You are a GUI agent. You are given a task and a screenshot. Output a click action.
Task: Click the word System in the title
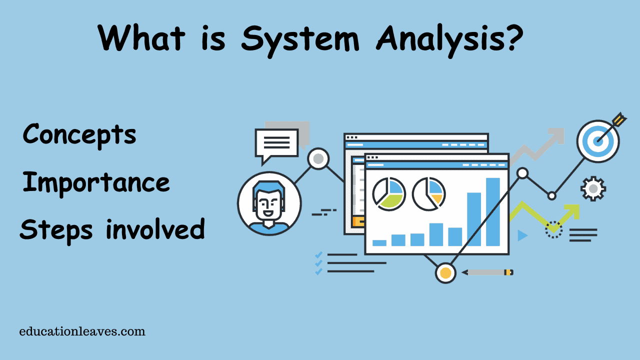coord(299,38)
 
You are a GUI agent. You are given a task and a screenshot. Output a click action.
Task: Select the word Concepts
coord(79,134)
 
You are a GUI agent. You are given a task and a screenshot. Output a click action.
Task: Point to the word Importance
coord(96,182)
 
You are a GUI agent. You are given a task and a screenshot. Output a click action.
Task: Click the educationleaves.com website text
coord(82,331)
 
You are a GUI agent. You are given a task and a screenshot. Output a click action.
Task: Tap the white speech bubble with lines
coord(276,144)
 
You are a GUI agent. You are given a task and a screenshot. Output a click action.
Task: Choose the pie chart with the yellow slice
coord(429,194)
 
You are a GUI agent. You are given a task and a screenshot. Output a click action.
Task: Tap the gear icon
coord(593,188)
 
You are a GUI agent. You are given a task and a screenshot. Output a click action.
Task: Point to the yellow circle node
coord(445,273)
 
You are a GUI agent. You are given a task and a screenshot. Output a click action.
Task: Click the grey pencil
coord(487,272)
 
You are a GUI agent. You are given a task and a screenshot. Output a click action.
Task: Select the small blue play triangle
coord(522,235)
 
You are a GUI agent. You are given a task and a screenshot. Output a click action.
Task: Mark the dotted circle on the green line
coord(553,229)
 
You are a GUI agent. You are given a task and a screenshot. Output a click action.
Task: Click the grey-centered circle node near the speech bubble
coord(318,158)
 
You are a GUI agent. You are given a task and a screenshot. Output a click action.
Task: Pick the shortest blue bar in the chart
coord(379,243)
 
